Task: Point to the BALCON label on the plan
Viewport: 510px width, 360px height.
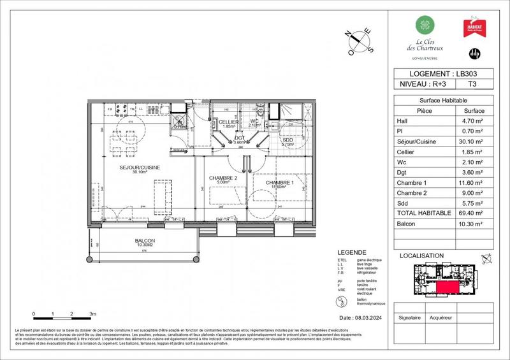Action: click(145, 241)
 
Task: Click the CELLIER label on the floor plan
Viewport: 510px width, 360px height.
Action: click(228, 121)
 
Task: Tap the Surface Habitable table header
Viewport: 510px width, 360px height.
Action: click(442, 101)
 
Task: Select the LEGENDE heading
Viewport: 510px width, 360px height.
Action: click(353, 252)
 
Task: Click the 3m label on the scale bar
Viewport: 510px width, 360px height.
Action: click(92, 315)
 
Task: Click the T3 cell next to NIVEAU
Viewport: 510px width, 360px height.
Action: click(472, 83)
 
